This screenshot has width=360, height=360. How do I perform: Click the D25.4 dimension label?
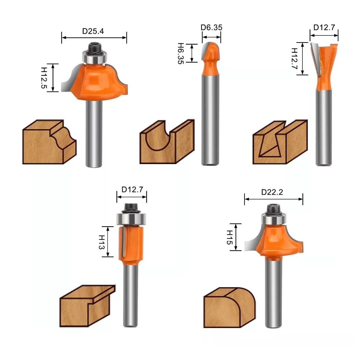tap(93, 31)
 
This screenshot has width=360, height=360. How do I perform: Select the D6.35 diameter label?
tap(211, 28)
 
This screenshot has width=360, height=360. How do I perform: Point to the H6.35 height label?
tap(180, 53)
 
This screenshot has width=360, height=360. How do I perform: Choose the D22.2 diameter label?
tap(272, 192)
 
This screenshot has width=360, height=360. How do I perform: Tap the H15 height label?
tap(229, 237)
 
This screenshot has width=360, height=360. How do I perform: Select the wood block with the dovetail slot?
tap(280, 143)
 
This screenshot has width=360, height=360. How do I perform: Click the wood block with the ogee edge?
tap(49, 142)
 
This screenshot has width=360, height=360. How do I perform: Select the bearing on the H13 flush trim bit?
tap(131, 219)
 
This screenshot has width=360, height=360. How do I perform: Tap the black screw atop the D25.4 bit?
tap(94, 47)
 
